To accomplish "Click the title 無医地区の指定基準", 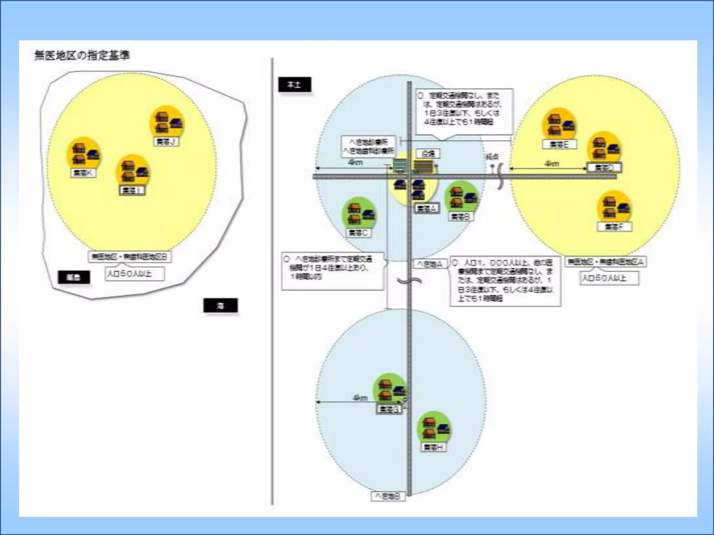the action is [82, 55].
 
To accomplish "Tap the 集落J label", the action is [166, 141].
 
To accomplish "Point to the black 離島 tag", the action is [74, 277].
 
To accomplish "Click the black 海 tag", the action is [220, 305].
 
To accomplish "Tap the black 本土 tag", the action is [294, 85].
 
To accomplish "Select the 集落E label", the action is [559, 144].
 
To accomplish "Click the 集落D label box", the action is [604, 168].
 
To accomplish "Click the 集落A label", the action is [427, 208].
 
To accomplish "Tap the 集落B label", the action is [461, 217].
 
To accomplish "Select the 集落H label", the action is [433, 447].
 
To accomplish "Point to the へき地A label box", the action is [430, 264].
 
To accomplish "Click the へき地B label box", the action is [388, 496].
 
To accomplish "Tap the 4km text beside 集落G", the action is [360, 397].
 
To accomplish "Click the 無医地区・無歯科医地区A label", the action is [606, 262].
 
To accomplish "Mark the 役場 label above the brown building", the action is [428, 154].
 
